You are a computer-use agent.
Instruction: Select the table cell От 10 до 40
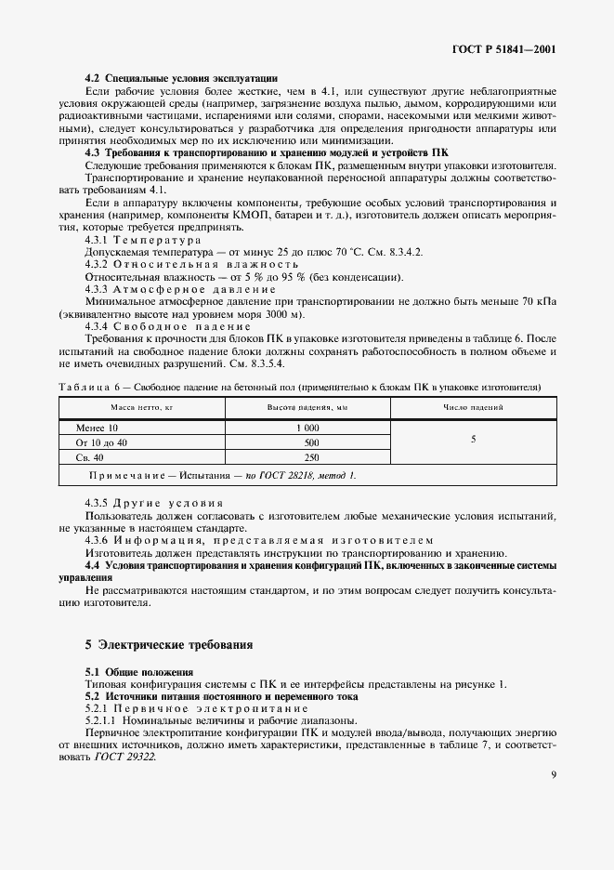101,442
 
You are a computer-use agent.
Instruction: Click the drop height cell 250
311,457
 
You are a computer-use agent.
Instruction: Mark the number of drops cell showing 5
473,438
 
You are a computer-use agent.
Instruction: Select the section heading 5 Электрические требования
169,643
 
